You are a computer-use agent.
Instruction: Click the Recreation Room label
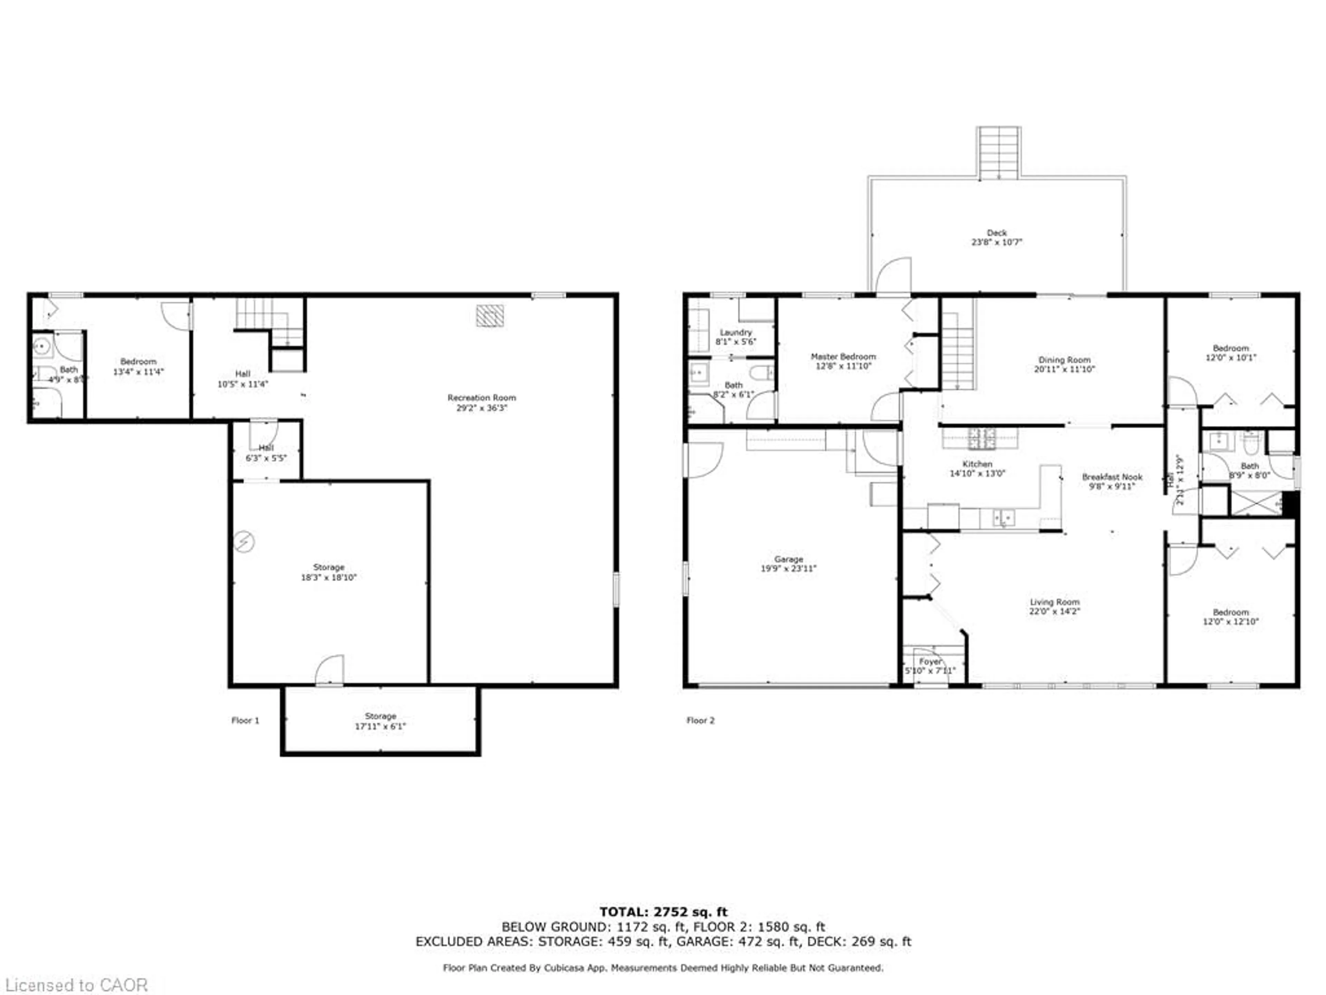[481, 398]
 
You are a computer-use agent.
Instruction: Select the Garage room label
[788, 559]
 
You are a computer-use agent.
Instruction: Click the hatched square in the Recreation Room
[490, 315]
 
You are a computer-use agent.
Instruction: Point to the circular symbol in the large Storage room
[244, 542]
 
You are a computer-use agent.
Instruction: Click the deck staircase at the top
[999, 153]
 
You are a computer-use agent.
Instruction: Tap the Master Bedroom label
[843, 356]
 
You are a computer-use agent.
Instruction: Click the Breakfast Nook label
[1112, 477]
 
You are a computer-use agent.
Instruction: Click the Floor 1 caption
[245, 720]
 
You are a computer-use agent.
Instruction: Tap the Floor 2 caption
[700, 720]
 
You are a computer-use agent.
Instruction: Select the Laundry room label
[736, 332]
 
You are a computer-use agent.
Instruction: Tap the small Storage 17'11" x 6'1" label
[380, 716]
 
